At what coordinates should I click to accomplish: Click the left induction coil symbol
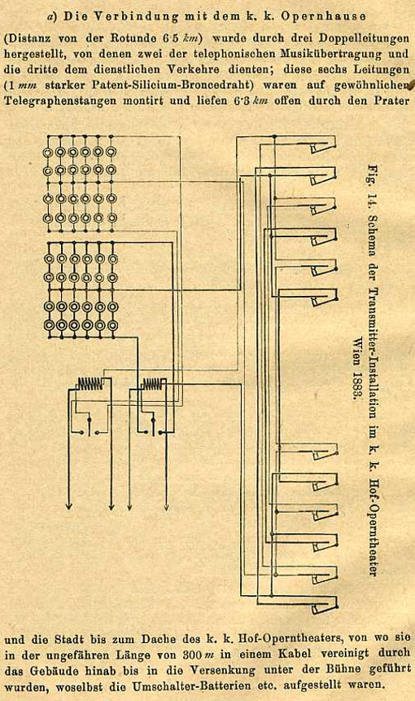90,383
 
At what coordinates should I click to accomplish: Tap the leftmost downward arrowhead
68,505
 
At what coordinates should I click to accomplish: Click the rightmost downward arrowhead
167,505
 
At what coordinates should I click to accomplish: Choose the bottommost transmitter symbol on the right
325,606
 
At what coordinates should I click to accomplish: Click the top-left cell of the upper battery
47,152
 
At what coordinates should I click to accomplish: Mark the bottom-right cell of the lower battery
113,324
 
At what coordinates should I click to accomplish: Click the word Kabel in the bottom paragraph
295,654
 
